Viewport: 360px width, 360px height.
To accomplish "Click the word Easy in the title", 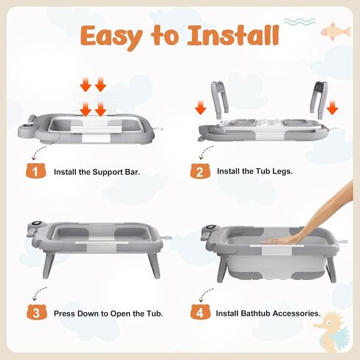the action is click(112, 36).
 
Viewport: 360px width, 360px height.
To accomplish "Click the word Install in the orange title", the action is click(233, 35).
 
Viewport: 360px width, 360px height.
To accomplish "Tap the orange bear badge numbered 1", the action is click(35, 170).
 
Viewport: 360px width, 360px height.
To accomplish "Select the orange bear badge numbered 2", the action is click(200, 170).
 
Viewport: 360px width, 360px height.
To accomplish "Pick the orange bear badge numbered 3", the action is click(37, 312).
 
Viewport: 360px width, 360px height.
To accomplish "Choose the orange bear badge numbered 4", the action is click(200, 312).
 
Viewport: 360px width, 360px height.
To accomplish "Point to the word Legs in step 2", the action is click(283, 171).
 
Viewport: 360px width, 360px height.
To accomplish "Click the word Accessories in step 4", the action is click(297, 314).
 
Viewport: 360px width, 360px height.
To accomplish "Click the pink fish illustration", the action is click(336, 31).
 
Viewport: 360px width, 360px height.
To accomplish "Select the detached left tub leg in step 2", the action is click(220, 100).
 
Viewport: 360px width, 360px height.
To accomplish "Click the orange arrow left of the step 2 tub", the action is click(201, 107).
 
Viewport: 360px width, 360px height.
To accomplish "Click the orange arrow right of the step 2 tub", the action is click(333, 107).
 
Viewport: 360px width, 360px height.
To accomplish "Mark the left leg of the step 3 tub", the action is click(49, 264).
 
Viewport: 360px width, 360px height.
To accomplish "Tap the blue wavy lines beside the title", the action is click(300, 21).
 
